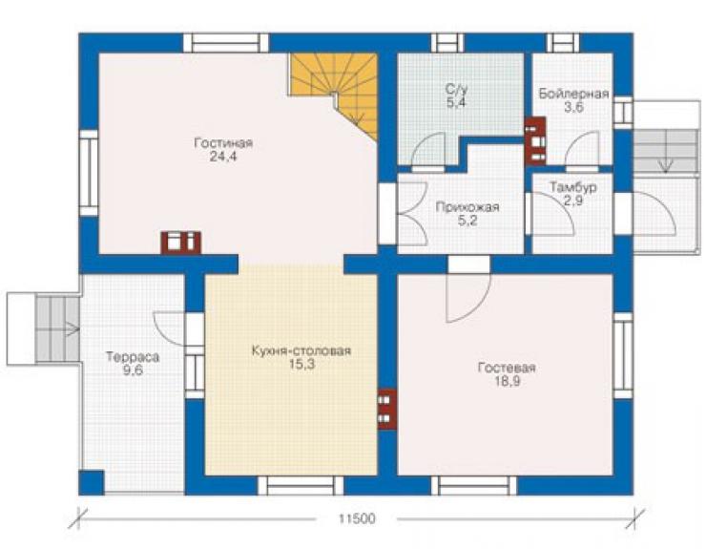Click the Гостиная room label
click(x=223, y=143)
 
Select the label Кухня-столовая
click(x=301, y=351)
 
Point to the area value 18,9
click(x=507, y=382)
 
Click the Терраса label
click(x=133, y=357)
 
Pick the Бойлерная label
click(x=573, y=94)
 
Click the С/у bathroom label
click(x=457, y=89)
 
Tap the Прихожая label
click(x=467, y=207)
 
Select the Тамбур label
click(x=573, y=187)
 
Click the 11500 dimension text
click(x=357, y=518)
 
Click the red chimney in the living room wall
click(x=180, y=243)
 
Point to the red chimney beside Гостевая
click(x=386, y=410)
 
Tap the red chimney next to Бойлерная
click(x=536, y=141)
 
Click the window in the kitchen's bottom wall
click(x=301, y=485)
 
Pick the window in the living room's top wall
click(x=225, y=43)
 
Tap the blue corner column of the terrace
click(x=92, y=483)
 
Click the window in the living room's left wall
click(x=89, y=173)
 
